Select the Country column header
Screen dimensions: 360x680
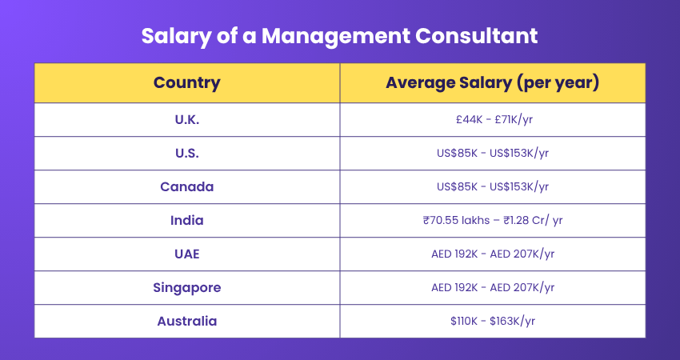(x=186, y=82)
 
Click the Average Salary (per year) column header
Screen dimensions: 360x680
(x=492, y=82)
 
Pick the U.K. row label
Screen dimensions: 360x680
(x=186, y=119)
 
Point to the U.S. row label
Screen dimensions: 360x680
(x=186, y=153)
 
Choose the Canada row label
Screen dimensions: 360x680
(x=186, y=186)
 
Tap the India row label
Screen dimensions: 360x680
(x=186, y=220)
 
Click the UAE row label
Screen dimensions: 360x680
(x=186, y=254)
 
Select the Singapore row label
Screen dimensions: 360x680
(x=186, y=287)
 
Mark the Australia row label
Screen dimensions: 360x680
(x=186, y=321)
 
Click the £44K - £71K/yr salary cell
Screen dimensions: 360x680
(x=492, y=119)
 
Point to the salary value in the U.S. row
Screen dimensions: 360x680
(x=492, y=153)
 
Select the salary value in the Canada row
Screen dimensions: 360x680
(x=492, y=186)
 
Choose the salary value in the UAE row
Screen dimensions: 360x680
(x=492, y=254)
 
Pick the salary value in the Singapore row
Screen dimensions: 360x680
(x=492, y=287)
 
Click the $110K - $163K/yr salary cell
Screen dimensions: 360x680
(x=492, y=321)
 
